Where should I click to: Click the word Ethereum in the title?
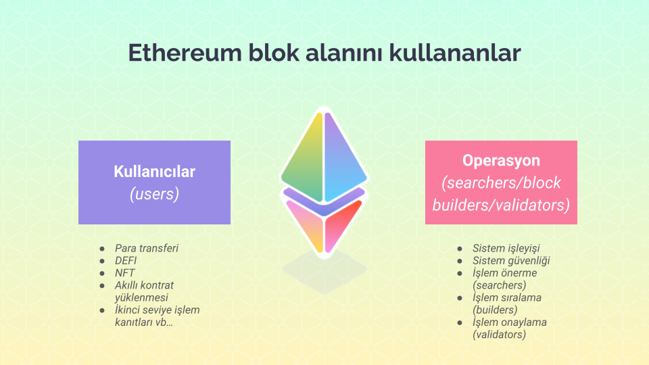(185, 53)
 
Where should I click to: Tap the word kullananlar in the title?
(454, 53)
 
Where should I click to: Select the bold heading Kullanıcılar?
(154, 171)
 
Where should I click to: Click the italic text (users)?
(154, 194)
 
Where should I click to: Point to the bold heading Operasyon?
(501, 161)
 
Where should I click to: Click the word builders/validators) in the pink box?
(501, 205)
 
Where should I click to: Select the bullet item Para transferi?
(147, 248)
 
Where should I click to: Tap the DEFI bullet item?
(126, 260)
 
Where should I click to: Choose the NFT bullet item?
(124, 272)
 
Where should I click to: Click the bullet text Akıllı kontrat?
(144, 285)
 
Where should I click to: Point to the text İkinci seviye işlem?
(158, 310)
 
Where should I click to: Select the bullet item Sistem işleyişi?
(506, 248)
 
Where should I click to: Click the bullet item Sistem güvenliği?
(511, 261)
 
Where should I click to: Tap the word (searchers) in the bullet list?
(499, 285)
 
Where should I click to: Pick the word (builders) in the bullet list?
(495, 310)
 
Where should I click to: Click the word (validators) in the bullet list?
(499, 335)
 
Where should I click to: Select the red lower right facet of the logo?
(341, 224)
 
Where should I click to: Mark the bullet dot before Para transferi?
(102, 248)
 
